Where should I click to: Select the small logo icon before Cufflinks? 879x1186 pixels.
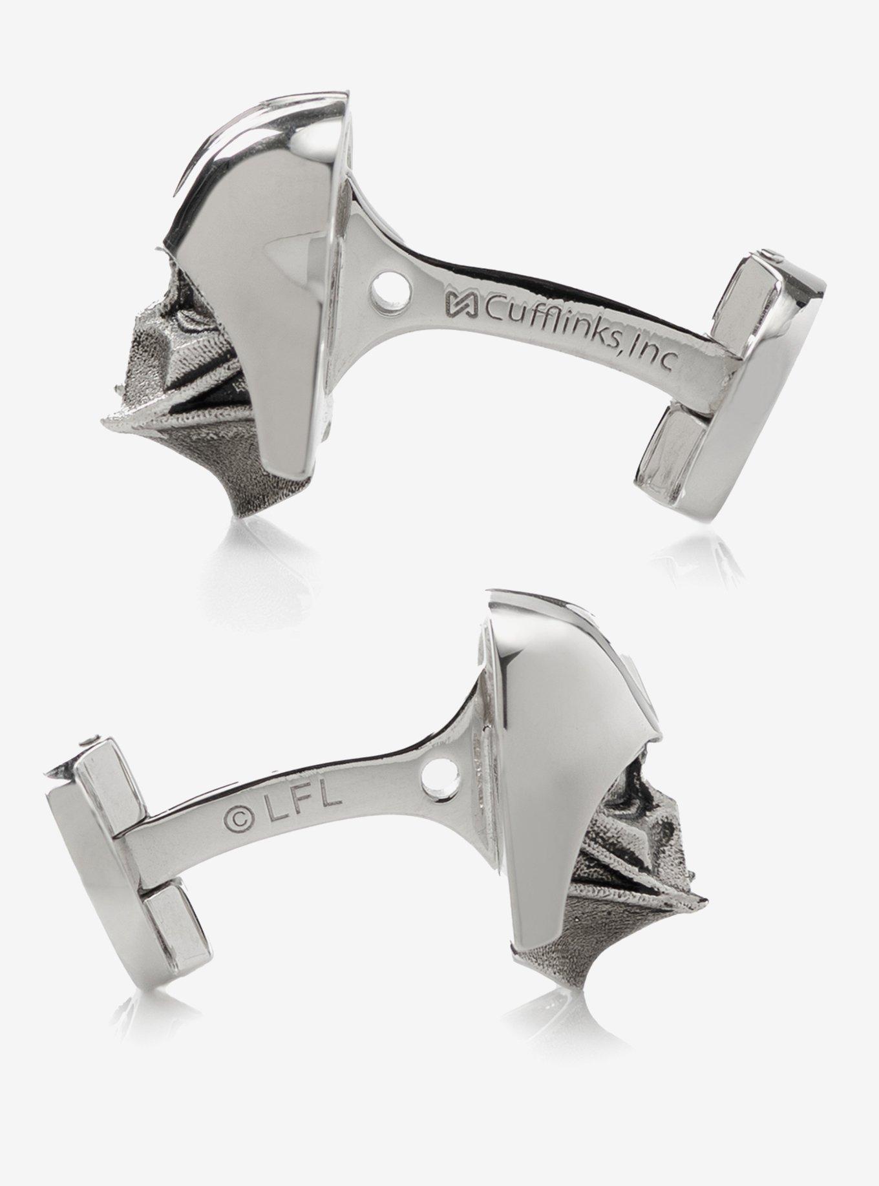point(458,302)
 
